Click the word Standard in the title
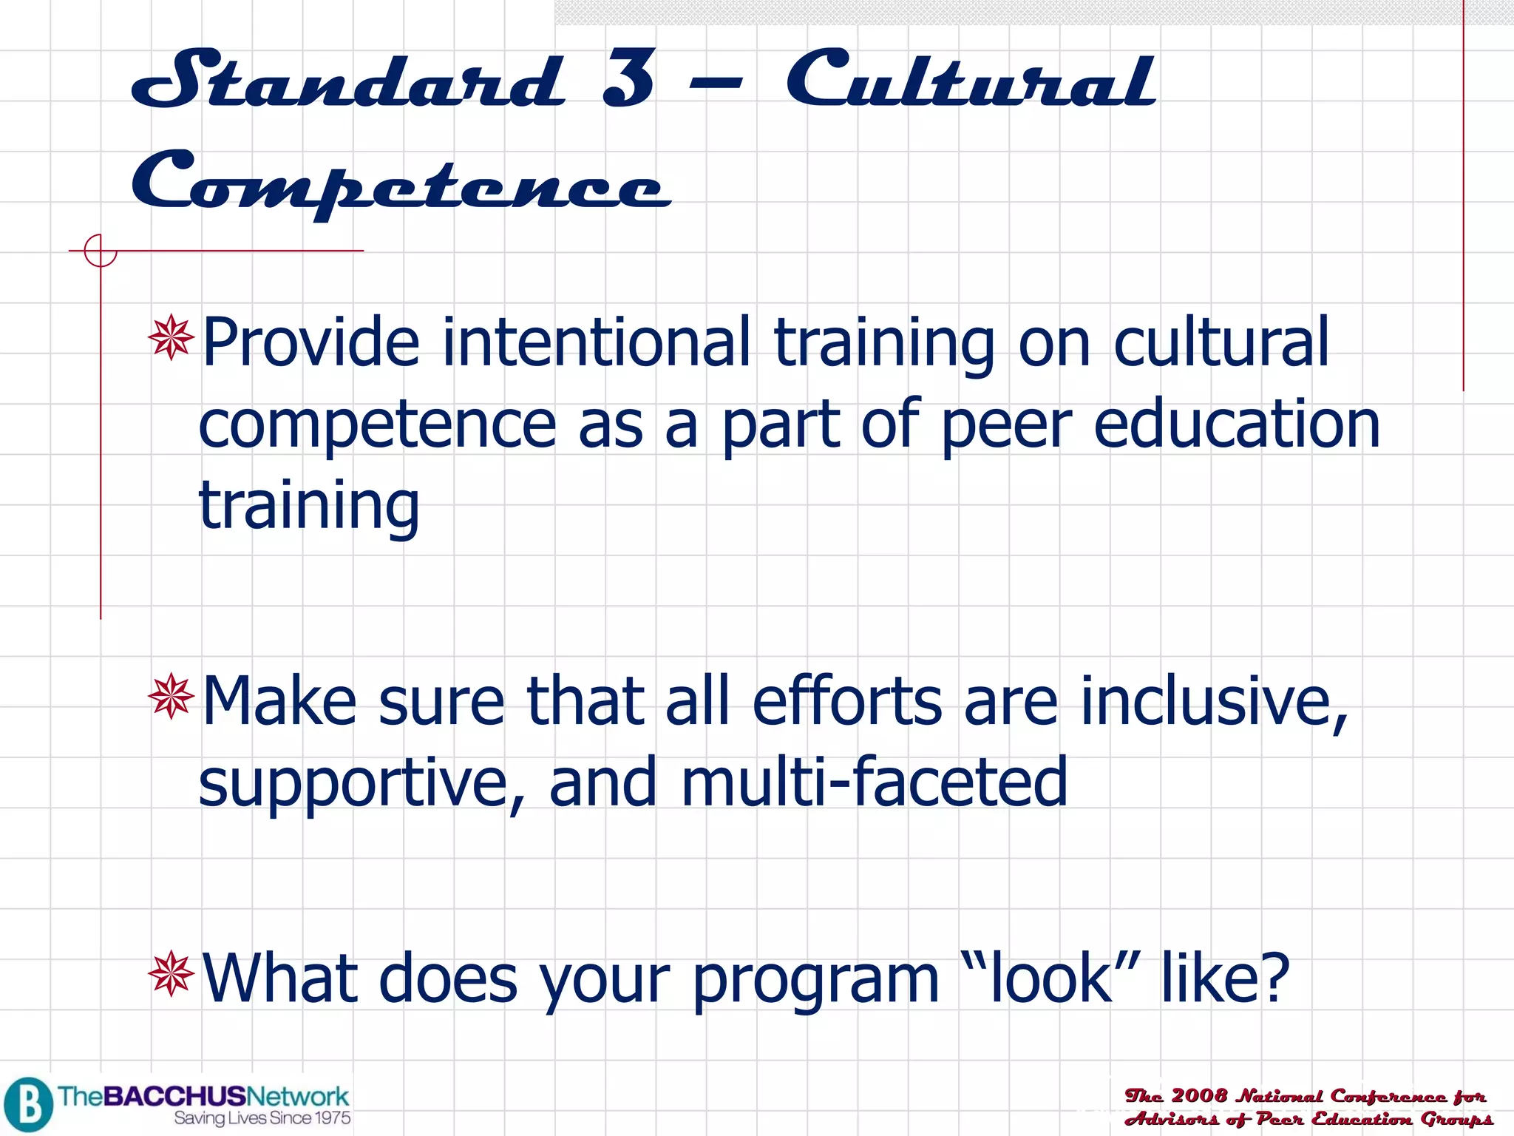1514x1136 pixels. coord(347,79)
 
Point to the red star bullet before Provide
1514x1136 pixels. coord(171,338)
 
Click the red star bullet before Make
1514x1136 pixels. coord(171,696)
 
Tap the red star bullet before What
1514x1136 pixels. coord(171,973)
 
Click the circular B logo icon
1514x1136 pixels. coord(28,1104)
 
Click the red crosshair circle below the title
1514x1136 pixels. coord(100,251)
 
